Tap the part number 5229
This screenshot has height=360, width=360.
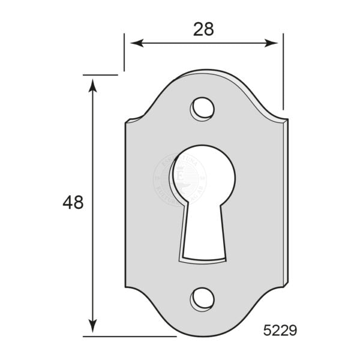(x=280, y=329)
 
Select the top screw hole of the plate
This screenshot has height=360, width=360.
(x=203, y=108)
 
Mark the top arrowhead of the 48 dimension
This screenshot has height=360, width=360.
(x=92, y=84)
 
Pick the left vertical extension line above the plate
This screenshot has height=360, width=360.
(x=124, y=53)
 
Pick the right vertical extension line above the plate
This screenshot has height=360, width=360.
(x=283, y=72)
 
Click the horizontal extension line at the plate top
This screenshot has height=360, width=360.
(x=100, y=75)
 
